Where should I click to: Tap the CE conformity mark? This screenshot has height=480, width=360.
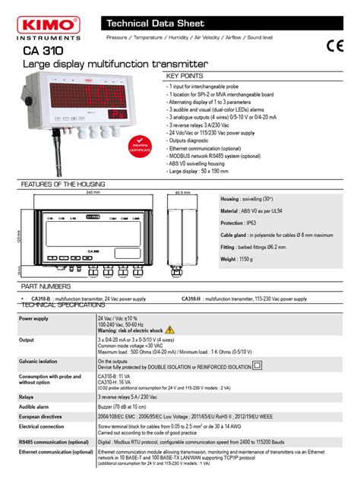tap(334, 45)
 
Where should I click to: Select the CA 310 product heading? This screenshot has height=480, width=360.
tap(43, 51)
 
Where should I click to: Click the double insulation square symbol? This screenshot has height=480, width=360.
tap(257, 365)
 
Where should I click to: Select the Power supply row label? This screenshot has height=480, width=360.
tap(34, 319)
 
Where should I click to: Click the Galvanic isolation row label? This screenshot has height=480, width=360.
tap(38, 362)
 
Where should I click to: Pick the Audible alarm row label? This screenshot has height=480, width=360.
tap(34, 407)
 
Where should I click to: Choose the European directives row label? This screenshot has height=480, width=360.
tap(42, 417)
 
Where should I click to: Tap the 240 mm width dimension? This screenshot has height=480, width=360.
tap(93, 193)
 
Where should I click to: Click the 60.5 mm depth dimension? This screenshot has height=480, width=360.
tap(182, 193)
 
